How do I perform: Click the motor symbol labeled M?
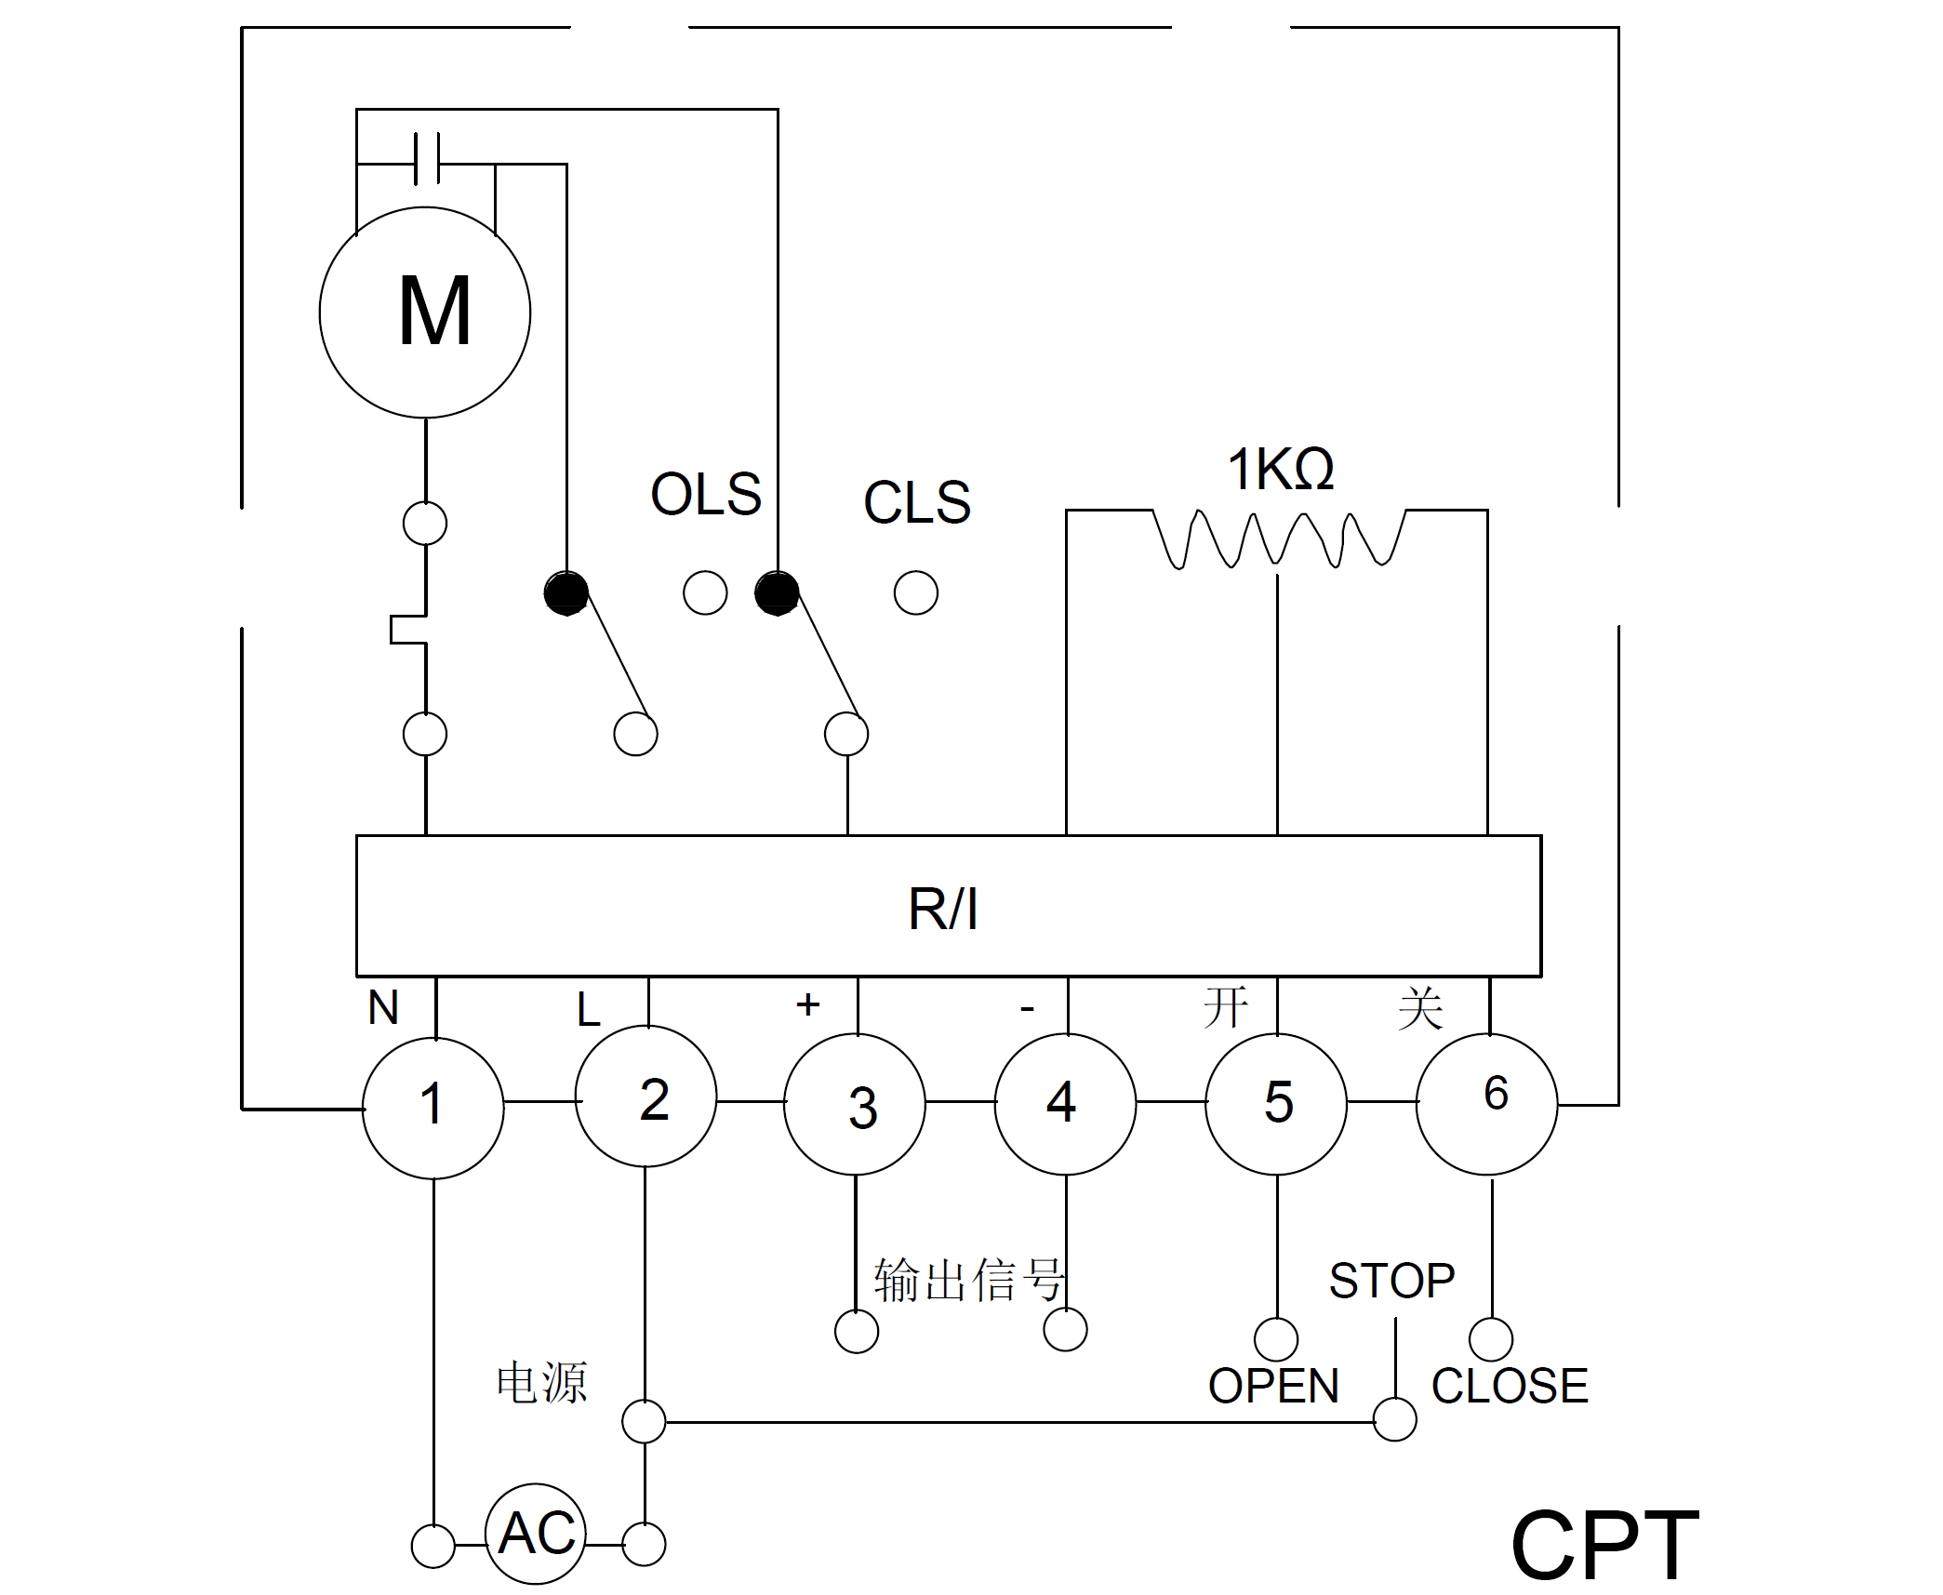click(425, 312)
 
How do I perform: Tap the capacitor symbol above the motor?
click(427, 159)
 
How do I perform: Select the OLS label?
click(706, 494)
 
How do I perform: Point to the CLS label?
click(917, 502)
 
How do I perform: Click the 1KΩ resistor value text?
click(1281, 470)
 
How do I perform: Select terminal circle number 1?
click(433, 1107)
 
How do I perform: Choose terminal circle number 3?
click(856, 1105)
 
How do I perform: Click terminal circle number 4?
click(1066, 1104)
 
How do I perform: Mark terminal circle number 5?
click(1276, 1104)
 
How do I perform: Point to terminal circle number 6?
click(1487, 1104)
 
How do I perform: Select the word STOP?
click(1391, 1282)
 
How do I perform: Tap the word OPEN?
click(1273, 1387)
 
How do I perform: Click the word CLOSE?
click(1510, 1387)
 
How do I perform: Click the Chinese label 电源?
click(542, 1383)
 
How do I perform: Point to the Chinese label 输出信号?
click(967, 1282)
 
